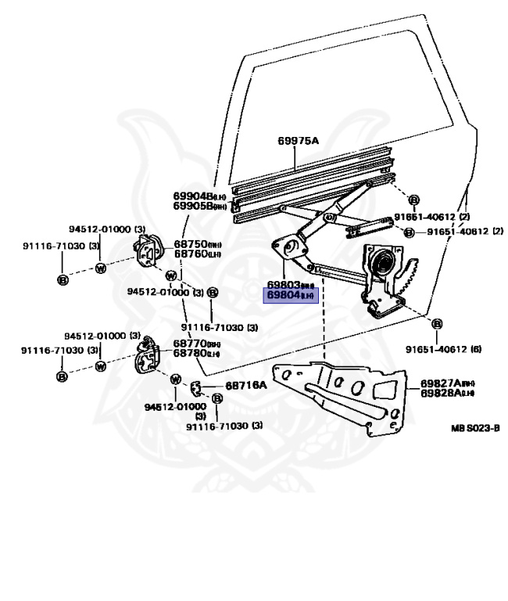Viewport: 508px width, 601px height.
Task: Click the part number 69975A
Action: tap(298, 141)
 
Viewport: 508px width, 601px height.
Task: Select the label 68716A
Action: tap(246, 385)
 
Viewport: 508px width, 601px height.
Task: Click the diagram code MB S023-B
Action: tap(474, 429)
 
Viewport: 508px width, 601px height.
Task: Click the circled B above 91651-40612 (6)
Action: tap(436, 324)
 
